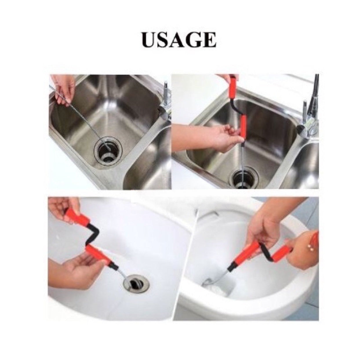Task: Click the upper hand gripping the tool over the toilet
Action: tap(261, 224)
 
